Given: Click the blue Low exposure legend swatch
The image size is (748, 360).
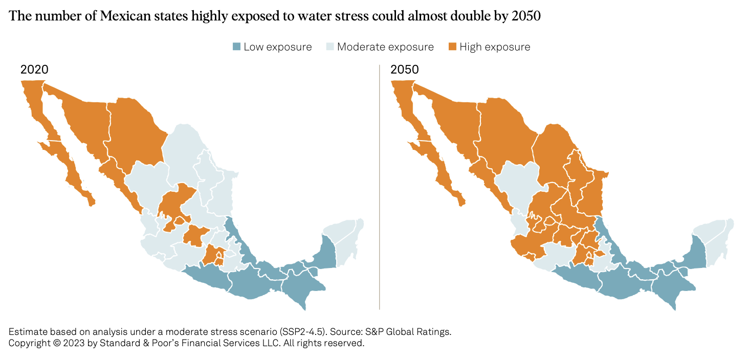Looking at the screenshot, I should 236,47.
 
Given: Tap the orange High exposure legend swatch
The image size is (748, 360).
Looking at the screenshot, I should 452,47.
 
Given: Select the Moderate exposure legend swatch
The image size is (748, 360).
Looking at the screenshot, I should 330,47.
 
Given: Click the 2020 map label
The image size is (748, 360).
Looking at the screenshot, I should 34,69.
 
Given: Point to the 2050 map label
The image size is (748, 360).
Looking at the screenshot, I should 405,69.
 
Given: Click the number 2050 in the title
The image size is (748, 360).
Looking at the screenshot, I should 525,17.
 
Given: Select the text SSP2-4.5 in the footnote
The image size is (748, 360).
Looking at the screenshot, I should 301,331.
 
